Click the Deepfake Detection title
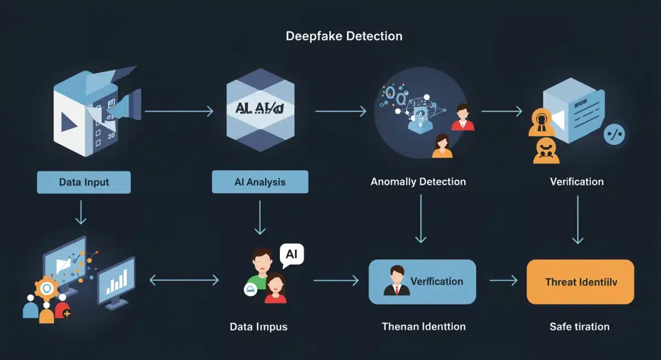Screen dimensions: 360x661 tap(344, 37)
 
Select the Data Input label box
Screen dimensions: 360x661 tap(84, 182)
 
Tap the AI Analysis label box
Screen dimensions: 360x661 tap(260, 182)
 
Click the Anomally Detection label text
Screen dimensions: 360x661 tap(418, 182)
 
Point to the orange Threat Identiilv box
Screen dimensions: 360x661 tap(581, 282)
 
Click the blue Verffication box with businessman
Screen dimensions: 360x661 tap(422, 282)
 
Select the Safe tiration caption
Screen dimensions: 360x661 tap(579, 326)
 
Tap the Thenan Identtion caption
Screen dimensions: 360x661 tap(423, 326)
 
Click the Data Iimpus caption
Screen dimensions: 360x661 tap(258, 326)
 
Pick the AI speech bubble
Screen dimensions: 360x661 tap(291, 255)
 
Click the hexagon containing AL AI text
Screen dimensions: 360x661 tap(260, 111)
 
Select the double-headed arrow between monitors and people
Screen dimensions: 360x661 tap(184, 281)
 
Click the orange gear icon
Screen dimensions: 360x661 tap(46, 289)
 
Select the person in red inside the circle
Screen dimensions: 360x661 tap(463, 118)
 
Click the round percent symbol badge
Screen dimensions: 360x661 tap(614, 134)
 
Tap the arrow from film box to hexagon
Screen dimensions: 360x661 tap(179, 112)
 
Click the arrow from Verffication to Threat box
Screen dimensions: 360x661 tap(502, 281)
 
